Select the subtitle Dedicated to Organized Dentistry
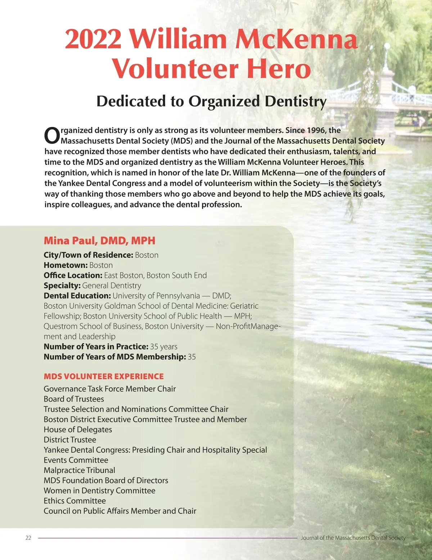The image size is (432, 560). click(211, 101)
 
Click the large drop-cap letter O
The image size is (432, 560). click(52, 136)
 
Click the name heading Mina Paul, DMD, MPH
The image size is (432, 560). click(99, 241)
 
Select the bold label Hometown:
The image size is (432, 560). click(66, 265)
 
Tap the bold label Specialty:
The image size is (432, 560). click(62, 286)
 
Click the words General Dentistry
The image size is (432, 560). click(112, 286)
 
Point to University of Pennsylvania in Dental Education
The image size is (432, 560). click(156, 296)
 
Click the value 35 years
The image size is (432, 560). click(164, 347)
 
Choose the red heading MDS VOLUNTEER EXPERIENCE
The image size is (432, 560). click(104, 376)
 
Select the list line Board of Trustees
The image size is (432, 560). click(74, 399)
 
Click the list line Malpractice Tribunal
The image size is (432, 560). click(80, 470)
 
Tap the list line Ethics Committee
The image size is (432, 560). click(75, 501)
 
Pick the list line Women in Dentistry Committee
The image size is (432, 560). click(99, 491)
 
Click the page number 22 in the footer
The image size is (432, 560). click(28, 538)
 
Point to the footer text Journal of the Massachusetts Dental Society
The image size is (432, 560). click(353, 538)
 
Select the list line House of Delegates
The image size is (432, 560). click(78, 429)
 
